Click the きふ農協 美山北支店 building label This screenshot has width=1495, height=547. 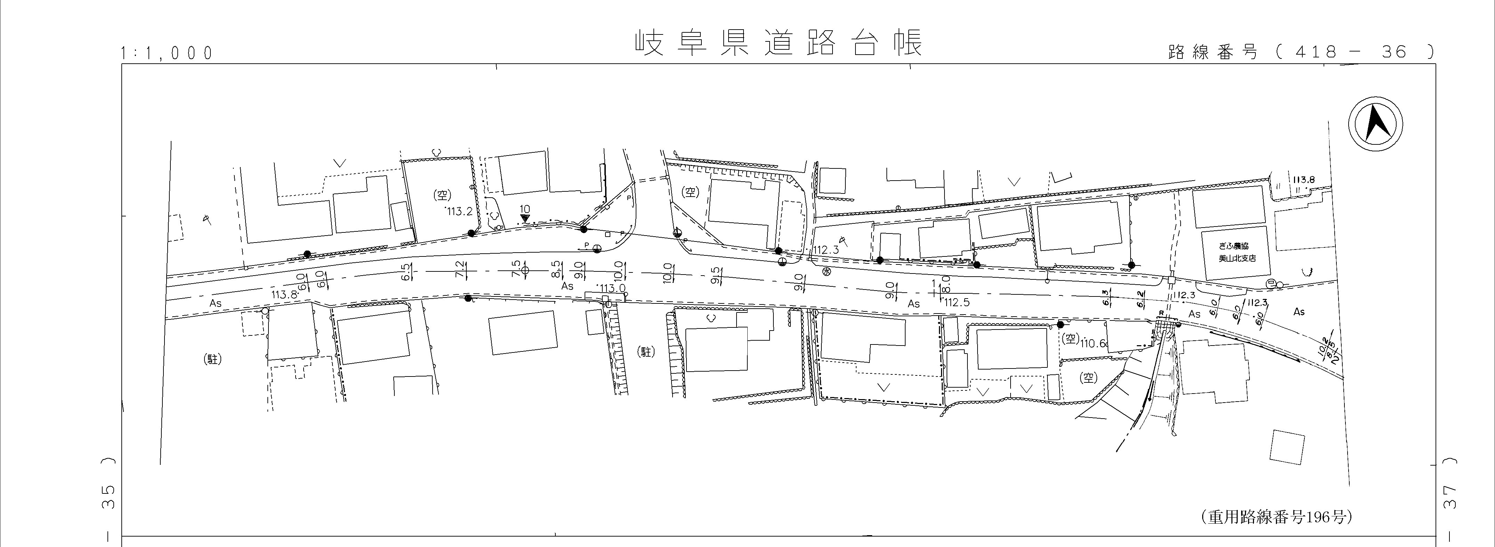1233,252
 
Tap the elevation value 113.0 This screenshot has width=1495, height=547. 612,288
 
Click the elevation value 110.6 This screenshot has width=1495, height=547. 1094,343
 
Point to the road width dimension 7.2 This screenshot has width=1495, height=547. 460,269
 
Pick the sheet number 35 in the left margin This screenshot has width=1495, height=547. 108,497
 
